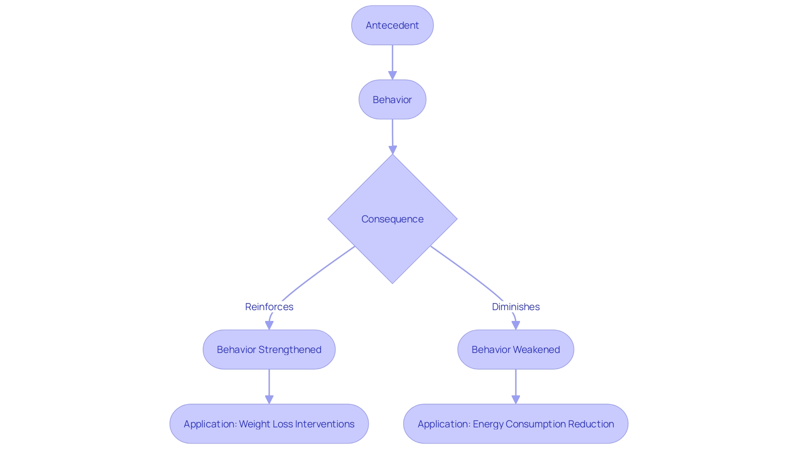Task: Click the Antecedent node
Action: pyautogui.click(x=392, y=25)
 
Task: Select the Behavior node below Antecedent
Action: pyautogui.click(x=392, y=100)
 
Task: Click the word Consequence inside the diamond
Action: pyautogui.click(x=392, y=219)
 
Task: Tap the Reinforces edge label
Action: pyautogui.click(x=269, y=307)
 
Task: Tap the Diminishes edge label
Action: pyautogui.click(x=515, y=307)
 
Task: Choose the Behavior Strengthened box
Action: pyautogui.click(x=269, y=350)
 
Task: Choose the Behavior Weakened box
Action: pyautogui.click(x=515, y=350)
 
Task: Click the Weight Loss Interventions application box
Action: pyautogui.click(x=269, y=424)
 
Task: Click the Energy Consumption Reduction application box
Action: pyautogui.click(x=515, y=424)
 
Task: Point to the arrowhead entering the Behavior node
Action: pyautogui.click(x=392, y=75)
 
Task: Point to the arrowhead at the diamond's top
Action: pyautogui.click(x=393, y=150)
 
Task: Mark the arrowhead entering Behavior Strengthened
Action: pyautogui.click(x=269, y=325)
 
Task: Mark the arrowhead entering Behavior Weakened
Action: pyautogui.click(x=516, y=325)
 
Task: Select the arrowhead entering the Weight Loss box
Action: pyautogui.click(x=269, y=400)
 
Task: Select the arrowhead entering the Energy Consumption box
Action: pyautogui.click(x=516, y=400)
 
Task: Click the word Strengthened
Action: pyautogui.click(x=290, y=350)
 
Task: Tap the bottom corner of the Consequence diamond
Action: pyautogui.click(x=392, y=282)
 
